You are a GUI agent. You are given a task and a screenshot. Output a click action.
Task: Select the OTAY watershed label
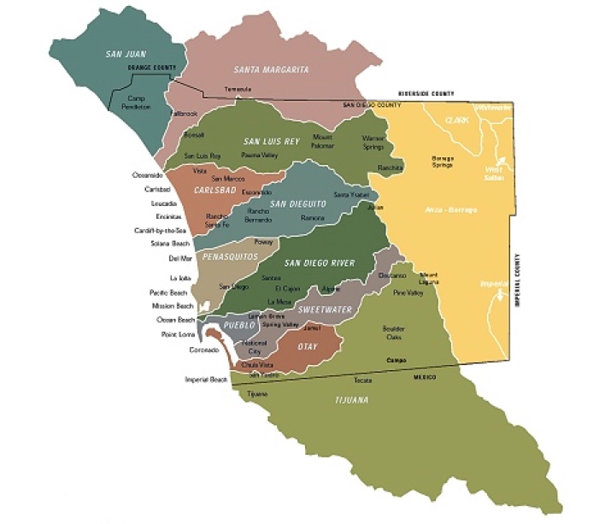[x=307, y=347]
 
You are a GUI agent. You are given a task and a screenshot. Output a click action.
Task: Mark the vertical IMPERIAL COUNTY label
[x=516, y=283]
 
